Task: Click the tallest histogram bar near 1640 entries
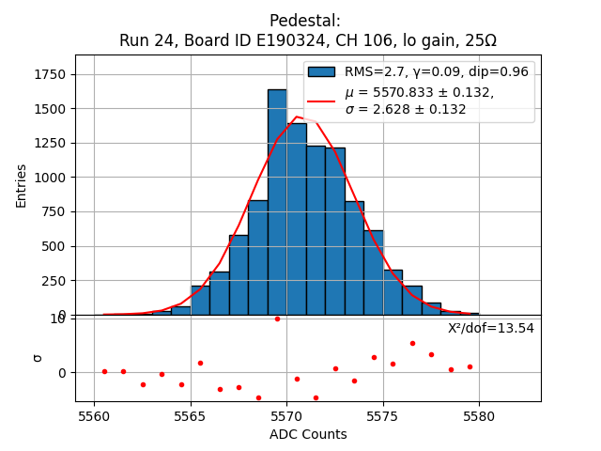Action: tap(277, 202)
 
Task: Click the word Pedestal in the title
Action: tap(305, 21)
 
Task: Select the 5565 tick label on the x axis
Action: tap(191, 415)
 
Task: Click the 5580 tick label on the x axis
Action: tap(479, 415)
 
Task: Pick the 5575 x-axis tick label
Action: tap(383, 415)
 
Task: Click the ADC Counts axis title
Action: tap(308, 434)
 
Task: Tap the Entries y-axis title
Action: tap(22, 185)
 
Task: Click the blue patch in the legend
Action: tap(321, 71)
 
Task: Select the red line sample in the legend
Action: tap(321, 101)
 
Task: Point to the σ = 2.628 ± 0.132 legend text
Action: tap(406, 109)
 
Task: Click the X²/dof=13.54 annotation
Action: tap(490, 328)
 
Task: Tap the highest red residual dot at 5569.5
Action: tap(277, 319)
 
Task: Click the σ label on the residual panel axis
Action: tap(38, 357)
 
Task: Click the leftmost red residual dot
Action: tap(104, 371)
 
